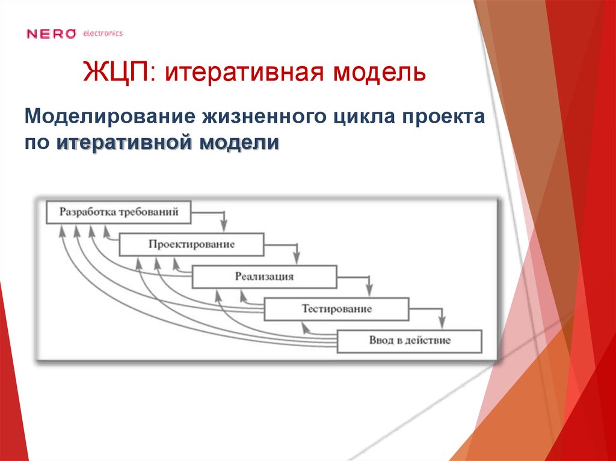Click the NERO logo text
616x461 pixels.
pos(51,34)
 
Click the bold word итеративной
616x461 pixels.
pos(126,144)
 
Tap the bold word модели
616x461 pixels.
pos(239,144)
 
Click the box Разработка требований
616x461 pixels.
pos(119,212)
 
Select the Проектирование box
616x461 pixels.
pos(191,245)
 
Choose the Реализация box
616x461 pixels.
pos(264,277)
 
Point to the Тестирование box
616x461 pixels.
pos(336,309)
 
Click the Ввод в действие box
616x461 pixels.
pos(409,341)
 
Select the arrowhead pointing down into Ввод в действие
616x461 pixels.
pos(442,323)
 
